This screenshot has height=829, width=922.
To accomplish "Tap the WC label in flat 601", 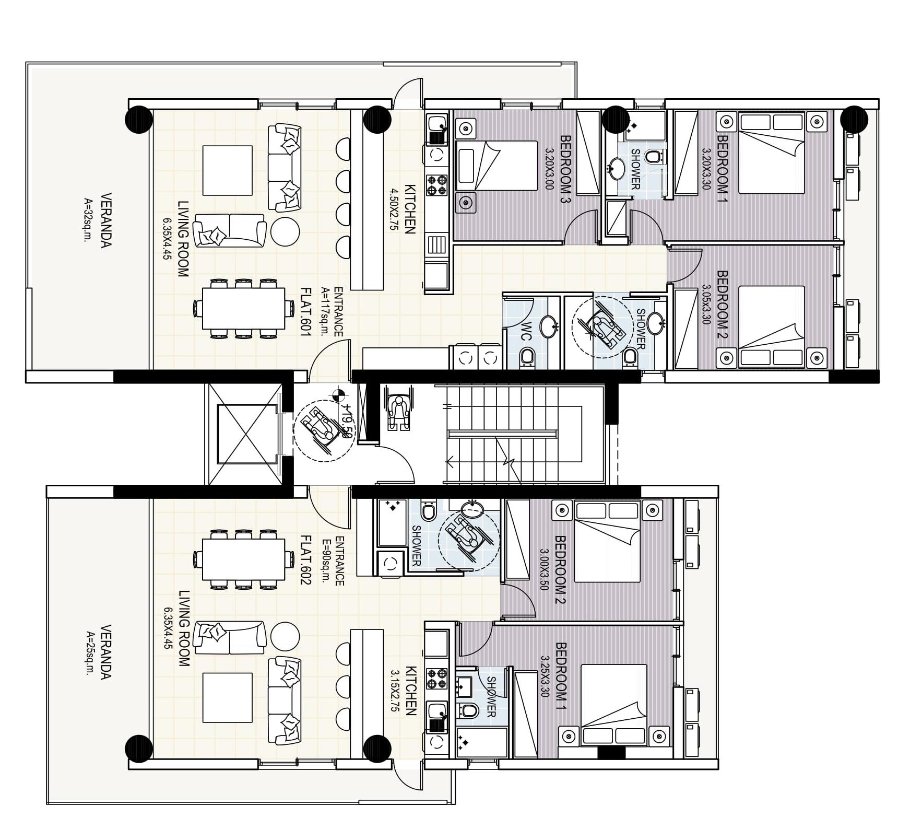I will click(x=526, y=332).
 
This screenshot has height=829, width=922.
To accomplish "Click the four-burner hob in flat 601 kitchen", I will click(x=438, y=184).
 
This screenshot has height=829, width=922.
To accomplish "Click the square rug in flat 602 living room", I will click(x=227, y=697).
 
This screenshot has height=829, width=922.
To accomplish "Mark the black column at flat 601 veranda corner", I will click(x=139, y=119).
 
